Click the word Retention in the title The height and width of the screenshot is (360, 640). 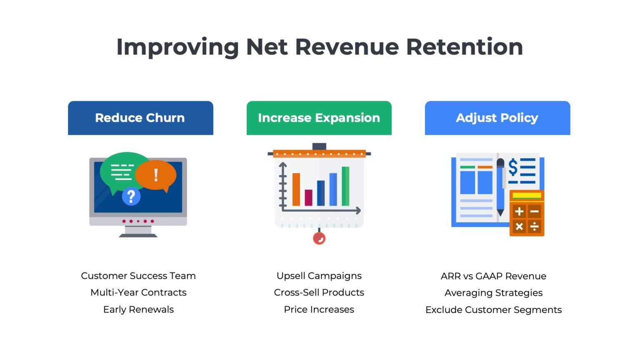pyautogui.click(x=464, y=47)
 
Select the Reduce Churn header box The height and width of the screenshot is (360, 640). pyautogui.click(x=140, y=118)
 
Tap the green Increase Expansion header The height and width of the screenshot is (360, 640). pyautogui.click(x=319, y=118)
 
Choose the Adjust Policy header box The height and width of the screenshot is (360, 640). pyautogui.click(x=497, y=118)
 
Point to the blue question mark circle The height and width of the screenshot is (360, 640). pyautogui.click(x=131, y=196)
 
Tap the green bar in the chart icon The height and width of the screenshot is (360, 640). pyautogui.click(x=345, y=186)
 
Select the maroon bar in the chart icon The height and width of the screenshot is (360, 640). pyautogui.click(x=308, y=197)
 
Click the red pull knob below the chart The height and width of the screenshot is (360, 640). pyautogui.click(x=319, y=238)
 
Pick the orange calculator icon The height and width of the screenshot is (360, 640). pyautogui.click(x=527, y=213)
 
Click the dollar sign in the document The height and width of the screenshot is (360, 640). pyautogui.click(x=513, y=167)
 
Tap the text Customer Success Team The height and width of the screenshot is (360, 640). pyautogui.click(x=138, y=276)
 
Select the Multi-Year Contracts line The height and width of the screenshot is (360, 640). pyautogui.click(x=138, y=292)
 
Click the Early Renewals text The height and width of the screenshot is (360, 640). pyautogui.click(x=138, y=310)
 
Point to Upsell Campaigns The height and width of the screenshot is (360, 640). pyautogui.click(x=319, y=276)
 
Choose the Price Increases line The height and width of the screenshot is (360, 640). pyautogui.click(x=319, y=310)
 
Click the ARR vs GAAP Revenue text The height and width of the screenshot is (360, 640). pyautogui.click(x=493, y=276)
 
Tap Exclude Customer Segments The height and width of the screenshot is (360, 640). pyautogui.click(x=493, y=310)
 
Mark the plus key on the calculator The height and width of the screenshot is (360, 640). pyautogui.click(x=519, y=212)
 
